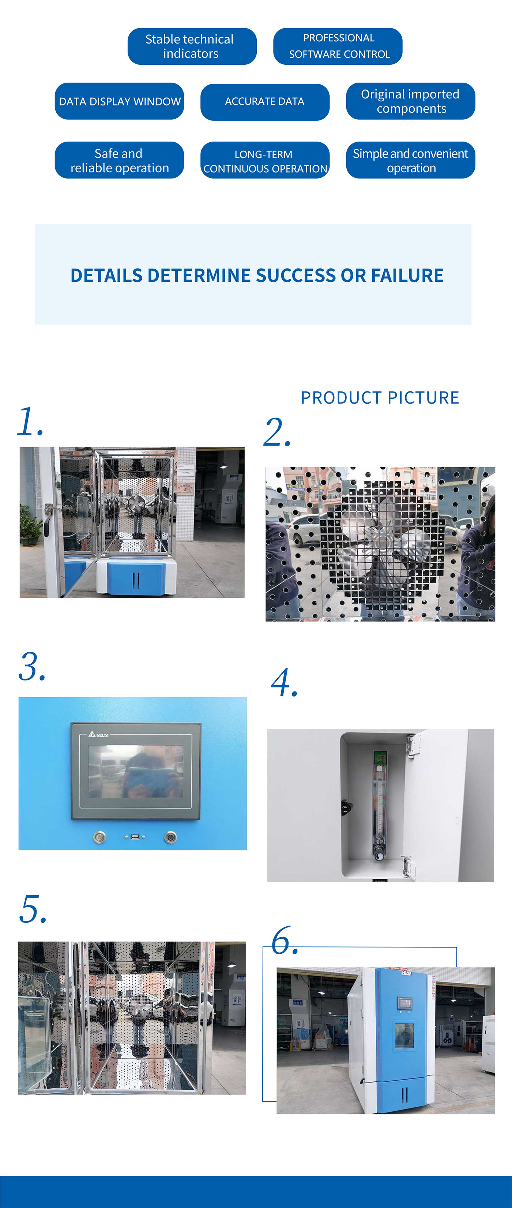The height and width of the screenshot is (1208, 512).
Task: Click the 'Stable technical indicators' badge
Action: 192,46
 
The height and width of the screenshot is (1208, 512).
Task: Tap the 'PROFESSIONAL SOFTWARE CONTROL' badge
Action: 338,46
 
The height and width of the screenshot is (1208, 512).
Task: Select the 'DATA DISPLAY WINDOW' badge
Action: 119,101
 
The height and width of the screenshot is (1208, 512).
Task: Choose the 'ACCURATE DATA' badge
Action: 264,102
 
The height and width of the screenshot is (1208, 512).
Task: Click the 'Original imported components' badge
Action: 410,101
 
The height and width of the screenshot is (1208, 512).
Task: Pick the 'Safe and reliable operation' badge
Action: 119,160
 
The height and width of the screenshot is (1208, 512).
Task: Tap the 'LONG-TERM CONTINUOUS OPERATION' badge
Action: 264,160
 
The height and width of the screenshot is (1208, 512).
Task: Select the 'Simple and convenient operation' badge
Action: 410,160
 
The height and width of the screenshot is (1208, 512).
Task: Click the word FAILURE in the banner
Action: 407,275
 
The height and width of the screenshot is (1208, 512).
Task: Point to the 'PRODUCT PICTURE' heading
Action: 380,398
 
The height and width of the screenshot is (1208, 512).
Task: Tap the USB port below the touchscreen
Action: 135,837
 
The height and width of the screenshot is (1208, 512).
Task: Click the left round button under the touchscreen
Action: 99,837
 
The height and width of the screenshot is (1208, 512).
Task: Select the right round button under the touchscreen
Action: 170,837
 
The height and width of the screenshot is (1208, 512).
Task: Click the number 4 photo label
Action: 284,683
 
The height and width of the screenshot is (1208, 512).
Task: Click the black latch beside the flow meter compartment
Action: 346,807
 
